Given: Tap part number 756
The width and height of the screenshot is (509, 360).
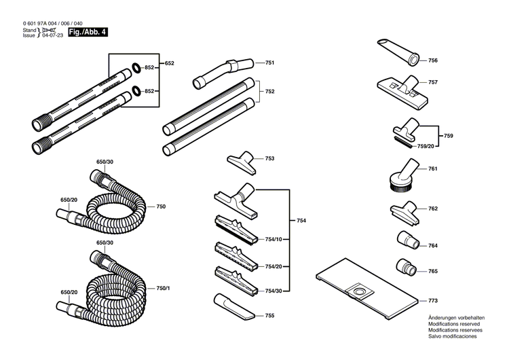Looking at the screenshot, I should pos(432,60).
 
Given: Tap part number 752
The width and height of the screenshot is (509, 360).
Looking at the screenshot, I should pos(269,91).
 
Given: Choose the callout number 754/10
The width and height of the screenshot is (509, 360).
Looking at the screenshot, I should pos(274,239).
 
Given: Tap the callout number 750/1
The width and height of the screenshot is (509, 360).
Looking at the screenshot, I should pos(163,289).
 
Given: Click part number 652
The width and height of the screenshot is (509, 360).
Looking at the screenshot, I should pos(169,63).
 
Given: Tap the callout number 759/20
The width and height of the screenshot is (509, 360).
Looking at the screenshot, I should pos(426,145).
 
